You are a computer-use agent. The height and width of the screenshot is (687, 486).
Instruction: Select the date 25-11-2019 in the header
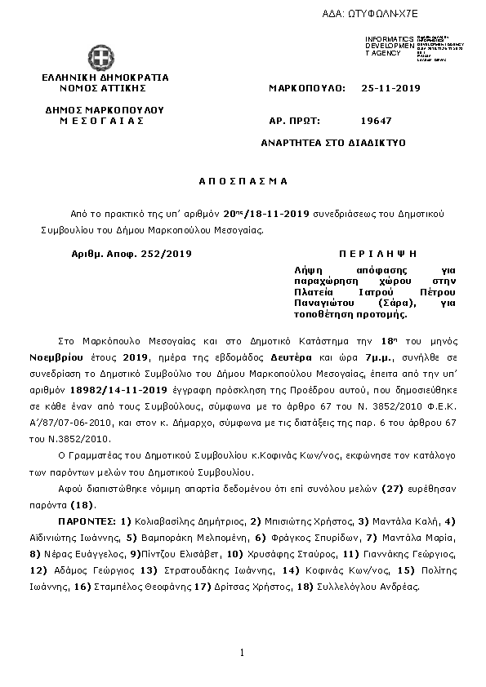point(390,87)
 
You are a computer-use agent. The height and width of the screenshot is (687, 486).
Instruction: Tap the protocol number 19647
point(377,121)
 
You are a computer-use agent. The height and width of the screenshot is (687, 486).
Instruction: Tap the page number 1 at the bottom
point(243,652)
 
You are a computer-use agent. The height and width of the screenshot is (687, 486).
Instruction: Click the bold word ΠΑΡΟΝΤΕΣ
point(86,520)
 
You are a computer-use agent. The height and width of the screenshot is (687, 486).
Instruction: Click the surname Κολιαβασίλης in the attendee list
point(155,520)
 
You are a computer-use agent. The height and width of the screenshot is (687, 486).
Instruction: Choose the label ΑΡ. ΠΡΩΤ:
point(292,121)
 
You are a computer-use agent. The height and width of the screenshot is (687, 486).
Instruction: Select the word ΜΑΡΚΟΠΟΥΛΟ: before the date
point(307,87)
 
